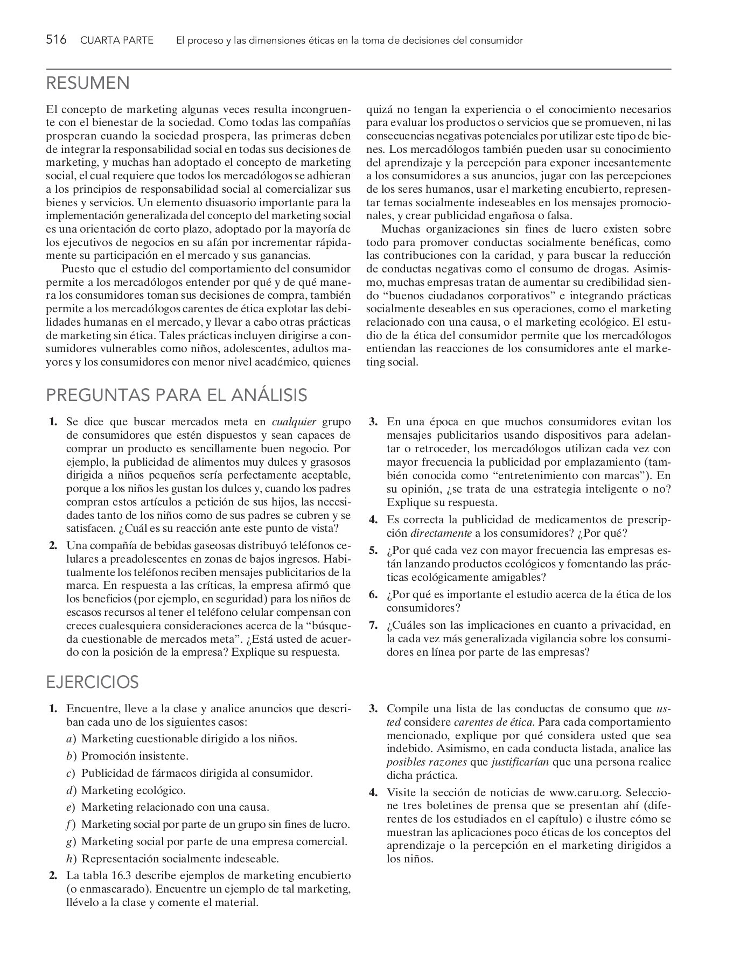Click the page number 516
tap(56, 40)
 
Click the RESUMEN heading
tap(88, 83)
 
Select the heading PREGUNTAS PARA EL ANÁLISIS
tap(177, 395)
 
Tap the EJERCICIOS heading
tap(92, 682)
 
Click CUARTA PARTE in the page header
tap(116, 40)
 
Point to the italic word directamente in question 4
tap(441, 533)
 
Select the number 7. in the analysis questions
tap(373, 625)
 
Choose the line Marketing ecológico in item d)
tap(133, 790)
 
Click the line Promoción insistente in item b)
tap(135, 756)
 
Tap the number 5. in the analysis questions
tap(373, 550)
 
